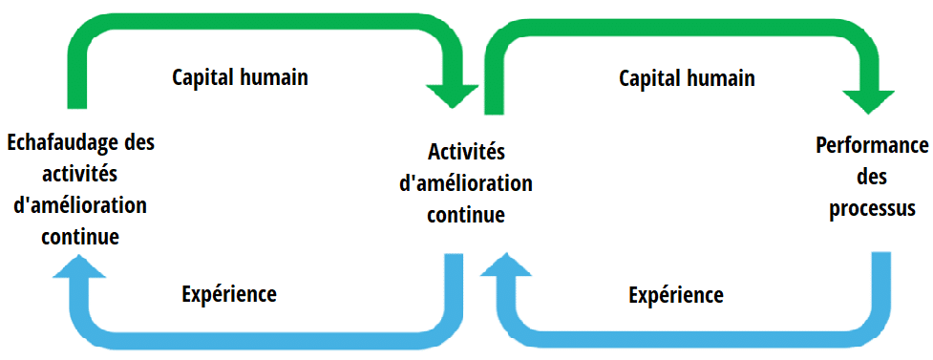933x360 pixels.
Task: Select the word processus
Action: coord(873,208)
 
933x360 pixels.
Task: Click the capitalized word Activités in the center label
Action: coord(466,152)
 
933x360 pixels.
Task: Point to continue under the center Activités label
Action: coord(466,215)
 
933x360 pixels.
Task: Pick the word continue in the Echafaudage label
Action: coord(80,236)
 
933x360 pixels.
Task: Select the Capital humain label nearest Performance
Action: coord(687,78)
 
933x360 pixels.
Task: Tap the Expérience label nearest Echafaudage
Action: coord(229,294)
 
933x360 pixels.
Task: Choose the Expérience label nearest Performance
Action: coord(676,295)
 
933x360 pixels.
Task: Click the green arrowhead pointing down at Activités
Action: coord(452,95)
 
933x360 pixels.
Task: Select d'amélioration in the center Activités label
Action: coord(466,183)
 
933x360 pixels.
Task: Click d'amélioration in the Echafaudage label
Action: coord(81,205)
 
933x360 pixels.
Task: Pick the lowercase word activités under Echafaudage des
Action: coord(81,175)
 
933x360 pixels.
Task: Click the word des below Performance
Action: coord(872,178)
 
